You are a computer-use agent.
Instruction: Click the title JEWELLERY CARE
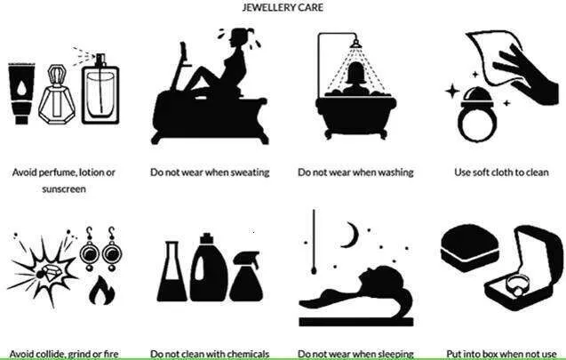[283, 7]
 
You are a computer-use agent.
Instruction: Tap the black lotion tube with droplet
[21, 93]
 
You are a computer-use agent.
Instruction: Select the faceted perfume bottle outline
[57, 94]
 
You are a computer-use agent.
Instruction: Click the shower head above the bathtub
[356, 44]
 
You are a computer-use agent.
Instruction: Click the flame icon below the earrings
[102, 291]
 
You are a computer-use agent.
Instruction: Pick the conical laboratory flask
[171, 271]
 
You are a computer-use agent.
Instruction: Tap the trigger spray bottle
[246, 276]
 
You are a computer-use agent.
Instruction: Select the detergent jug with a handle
[209, 268]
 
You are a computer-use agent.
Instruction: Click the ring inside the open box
[516, 284]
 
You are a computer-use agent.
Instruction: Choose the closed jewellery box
[470, 248]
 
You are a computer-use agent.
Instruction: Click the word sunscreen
[64, 189]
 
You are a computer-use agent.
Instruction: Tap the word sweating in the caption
[250, 172]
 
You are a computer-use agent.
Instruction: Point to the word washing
[395, 172]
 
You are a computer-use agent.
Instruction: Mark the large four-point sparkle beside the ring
[452, 92]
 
